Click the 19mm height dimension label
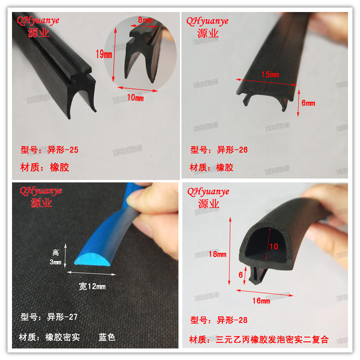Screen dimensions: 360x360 [103, 55]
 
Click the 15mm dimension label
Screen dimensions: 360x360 [270, 74]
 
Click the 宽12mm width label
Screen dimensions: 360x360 [92, 287]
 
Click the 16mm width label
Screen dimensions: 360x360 [261, 300]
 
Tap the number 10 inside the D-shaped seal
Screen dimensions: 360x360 [273, 246]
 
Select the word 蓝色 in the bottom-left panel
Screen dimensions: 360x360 [107, 337]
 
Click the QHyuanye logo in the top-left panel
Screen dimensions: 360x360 [39, 21]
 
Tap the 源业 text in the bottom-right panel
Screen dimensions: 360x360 [208, 204]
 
